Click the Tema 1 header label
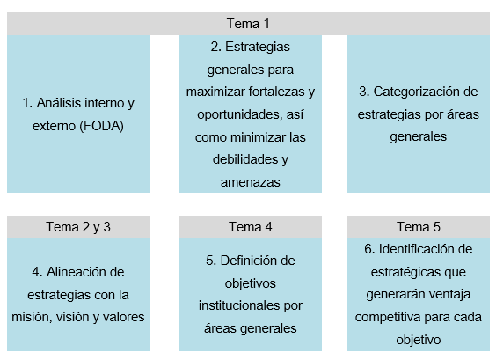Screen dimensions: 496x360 (x=248, y=24)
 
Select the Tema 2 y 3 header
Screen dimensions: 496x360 (x=78, y=227)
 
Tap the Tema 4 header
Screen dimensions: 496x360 (x=251, y=227)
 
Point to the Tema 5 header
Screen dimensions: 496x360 (x=419, y=227)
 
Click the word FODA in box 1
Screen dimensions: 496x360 (x=101, y=126)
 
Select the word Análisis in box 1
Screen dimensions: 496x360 (x=58, y=103)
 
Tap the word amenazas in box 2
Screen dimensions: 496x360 (x=251, y=182)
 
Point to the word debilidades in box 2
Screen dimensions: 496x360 (x=241, y=159)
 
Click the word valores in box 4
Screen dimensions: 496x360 (x=124, y=317)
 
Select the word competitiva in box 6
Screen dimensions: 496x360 (x=388, y=317)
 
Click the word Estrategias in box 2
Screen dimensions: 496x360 (x=258, y=47)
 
